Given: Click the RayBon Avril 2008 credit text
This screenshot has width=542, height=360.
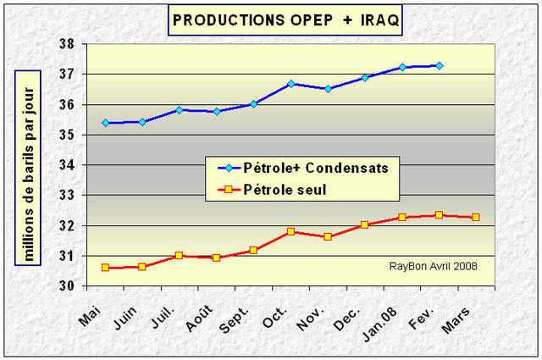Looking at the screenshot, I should coord(433,266).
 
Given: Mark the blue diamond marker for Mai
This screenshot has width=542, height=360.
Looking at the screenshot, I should coord(106,123).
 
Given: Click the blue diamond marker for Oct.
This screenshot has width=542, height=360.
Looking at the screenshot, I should coord(290,84).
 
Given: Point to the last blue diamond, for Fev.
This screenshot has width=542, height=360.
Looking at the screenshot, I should coord(439,65).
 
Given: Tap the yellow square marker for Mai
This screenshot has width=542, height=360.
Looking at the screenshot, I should coord(106,268).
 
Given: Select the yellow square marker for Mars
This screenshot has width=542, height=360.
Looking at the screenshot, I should coord(475,217).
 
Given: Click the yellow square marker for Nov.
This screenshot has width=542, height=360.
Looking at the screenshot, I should coord(328,236).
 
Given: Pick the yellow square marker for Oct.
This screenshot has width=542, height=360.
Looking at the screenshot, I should coord(290,231).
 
